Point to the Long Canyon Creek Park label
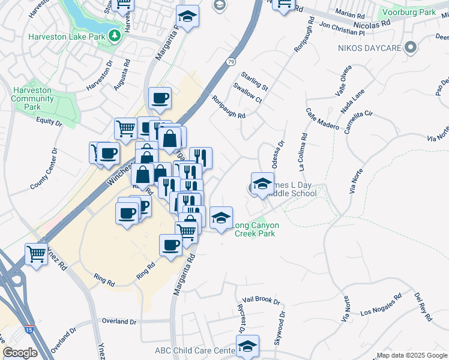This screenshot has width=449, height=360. [x=255, y=229]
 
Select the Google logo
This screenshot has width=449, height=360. [x=19, y=353]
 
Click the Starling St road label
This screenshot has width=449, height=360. [x=255, y=82]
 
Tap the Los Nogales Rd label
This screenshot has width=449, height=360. [x=381, y=305]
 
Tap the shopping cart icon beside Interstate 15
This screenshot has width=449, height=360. [x=37, y=256]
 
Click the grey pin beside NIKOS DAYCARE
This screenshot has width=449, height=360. [x=411, y=46]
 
